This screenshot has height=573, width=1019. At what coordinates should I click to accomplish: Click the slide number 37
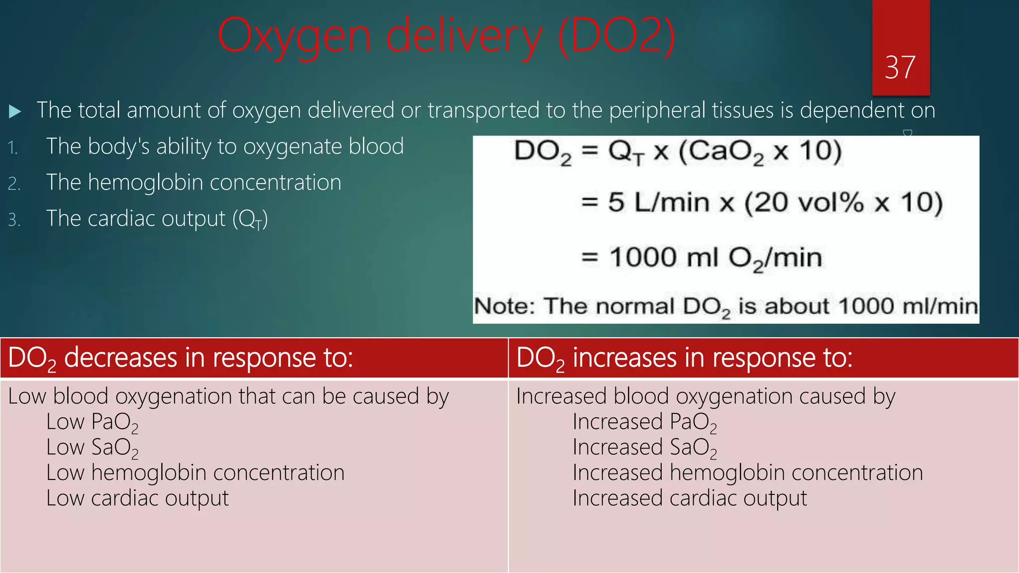900,68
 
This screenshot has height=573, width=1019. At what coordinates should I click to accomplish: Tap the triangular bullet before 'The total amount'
15,111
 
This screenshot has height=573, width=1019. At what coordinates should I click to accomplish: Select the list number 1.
13,148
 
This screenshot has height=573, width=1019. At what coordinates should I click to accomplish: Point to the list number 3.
14,220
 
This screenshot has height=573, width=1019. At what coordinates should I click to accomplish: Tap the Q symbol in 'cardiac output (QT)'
247,219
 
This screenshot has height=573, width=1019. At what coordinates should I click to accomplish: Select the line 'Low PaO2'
92,422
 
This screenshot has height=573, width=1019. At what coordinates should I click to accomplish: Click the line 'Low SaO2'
92,448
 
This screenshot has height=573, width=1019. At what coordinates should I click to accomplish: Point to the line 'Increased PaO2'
644,422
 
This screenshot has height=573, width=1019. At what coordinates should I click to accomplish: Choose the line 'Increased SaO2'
644,448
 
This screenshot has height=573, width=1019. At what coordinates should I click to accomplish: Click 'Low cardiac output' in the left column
137,498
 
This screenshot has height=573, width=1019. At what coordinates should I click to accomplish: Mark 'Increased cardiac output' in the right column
690,498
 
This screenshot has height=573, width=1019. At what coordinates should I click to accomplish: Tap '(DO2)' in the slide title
616,36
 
